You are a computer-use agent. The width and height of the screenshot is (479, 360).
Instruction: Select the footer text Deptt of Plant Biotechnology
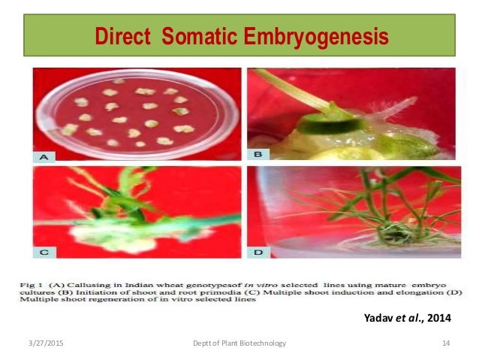tap(239, 343)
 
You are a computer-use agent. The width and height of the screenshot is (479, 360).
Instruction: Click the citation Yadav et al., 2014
tap(407, 319)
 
